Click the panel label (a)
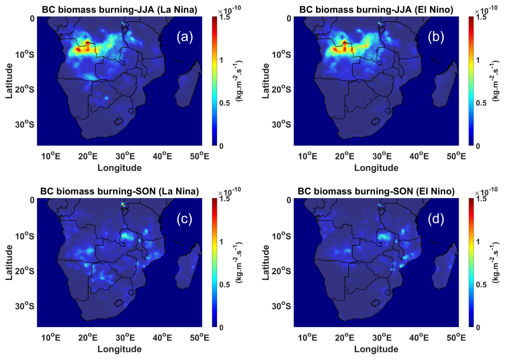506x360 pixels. [185, 37]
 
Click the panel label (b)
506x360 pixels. [436, 37]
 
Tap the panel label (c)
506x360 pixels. [184, 219]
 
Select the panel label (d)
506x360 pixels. [436, 219]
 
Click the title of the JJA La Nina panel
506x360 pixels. [119, 10]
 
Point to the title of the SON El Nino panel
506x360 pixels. [376, 191]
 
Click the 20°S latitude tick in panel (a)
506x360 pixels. [24, 89]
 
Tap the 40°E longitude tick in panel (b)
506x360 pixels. [419, 156]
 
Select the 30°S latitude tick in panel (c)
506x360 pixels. [24, 306]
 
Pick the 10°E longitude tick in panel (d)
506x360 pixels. [307, 338]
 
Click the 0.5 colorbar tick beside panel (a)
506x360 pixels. [224, 103]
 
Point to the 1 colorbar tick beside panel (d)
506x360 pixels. [478, 242]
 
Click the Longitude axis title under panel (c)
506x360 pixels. [119, 349]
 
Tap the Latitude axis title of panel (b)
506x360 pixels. [265, 81]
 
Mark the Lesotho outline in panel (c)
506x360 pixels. [119, 303]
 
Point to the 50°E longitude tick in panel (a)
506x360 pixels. [199, 156]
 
